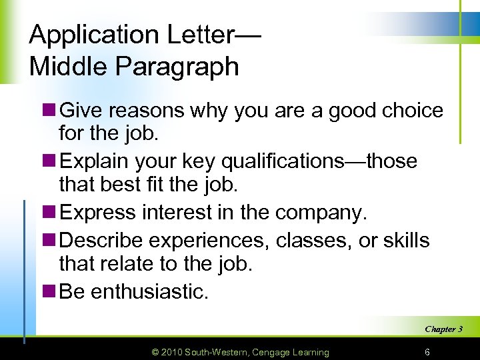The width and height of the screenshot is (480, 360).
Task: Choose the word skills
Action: (405, 240)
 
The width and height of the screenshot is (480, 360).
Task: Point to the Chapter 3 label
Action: (443, 329)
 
